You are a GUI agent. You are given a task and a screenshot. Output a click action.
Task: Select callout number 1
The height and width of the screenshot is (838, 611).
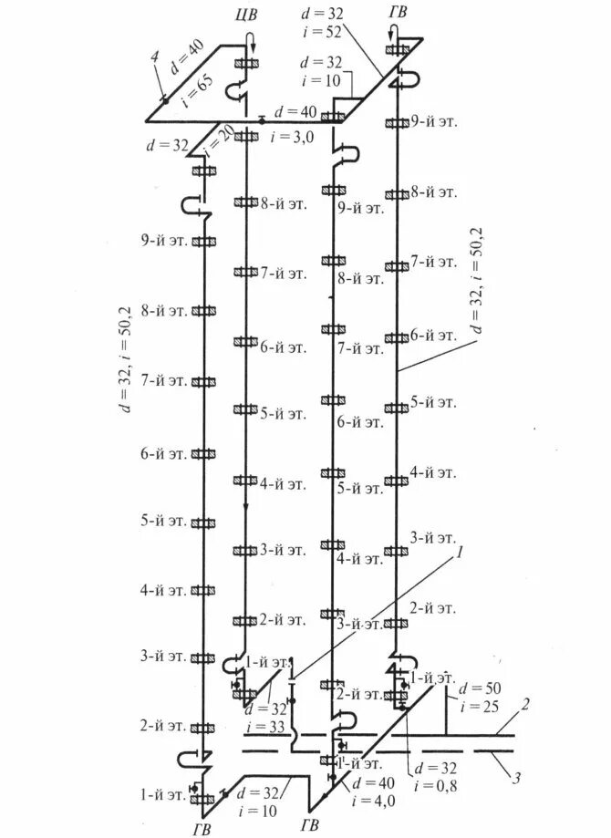(461, 552)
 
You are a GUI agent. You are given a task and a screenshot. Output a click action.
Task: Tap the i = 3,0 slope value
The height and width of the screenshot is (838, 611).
(289, 136)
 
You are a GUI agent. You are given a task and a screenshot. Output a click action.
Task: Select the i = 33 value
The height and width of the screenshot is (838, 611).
(269, 727)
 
